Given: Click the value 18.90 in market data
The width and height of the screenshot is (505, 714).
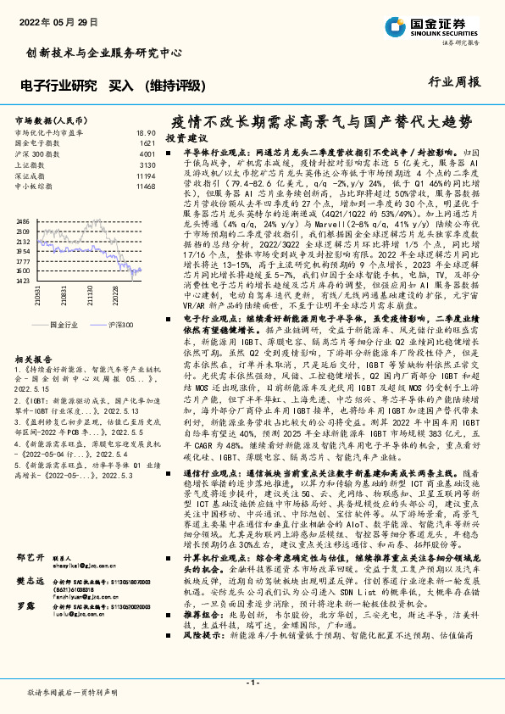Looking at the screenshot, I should (145, 133).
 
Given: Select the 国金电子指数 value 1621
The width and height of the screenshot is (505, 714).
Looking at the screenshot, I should (147, 143).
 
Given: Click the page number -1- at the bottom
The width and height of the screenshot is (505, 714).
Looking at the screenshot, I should (252, 683).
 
